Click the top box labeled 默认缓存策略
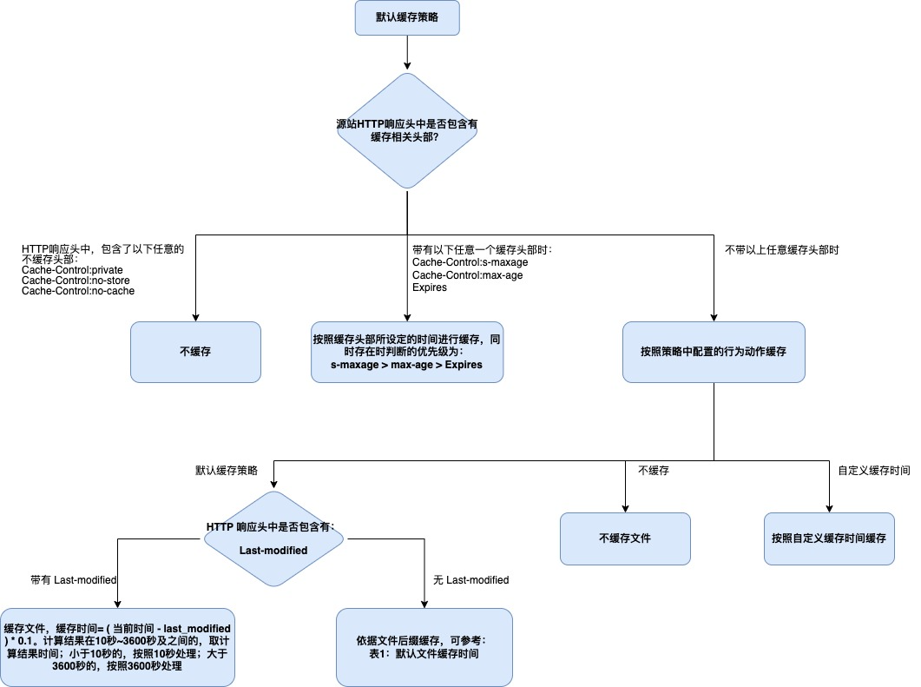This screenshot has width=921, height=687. click(407, 17)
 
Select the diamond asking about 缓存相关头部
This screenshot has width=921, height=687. click(407, 130)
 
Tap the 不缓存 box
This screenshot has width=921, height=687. click(195, 352)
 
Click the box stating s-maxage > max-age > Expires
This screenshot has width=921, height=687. click(407, 352)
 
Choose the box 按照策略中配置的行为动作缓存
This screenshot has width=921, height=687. click(714, 352)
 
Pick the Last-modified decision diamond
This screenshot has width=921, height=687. click(273, 538)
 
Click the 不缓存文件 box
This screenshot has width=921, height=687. click(625, 538)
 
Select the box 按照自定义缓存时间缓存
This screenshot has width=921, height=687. click(829, 538)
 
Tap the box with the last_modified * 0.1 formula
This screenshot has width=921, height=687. click(117, 647)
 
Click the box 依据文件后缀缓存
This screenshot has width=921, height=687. click(424, 647)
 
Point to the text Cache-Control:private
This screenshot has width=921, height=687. click(72, 270)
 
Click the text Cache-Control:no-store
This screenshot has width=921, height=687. click(76, 281)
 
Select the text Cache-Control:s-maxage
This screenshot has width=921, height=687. click(470, 262)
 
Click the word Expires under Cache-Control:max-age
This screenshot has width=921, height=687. click(430, 287)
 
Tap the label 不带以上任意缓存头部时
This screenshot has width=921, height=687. click(782, 250)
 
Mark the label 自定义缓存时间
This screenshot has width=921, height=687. click(874, 470)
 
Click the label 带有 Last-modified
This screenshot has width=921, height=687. click(74, 580)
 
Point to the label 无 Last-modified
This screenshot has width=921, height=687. click(471, 580)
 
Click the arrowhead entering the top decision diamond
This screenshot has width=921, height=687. click(407, 66)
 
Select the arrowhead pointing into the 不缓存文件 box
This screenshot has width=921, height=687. click(625, 508)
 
